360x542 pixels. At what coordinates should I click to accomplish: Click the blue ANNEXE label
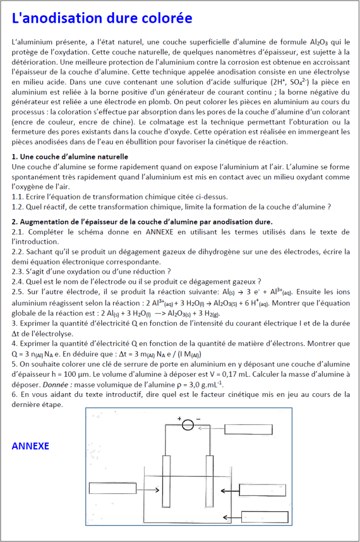click(30, 446)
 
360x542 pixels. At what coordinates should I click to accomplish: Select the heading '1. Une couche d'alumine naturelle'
click(69, 157)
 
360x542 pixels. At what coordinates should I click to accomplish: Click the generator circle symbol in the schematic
click(188, 425)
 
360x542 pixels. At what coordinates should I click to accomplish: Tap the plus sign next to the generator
click(179, 418)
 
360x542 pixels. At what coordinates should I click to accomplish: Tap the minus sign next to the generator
click(198, 418)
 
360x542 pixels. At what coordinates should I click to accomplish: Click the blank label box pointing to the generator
click(248, 429)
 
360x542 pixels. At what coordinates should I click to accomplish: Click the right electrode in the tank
click(209, 481)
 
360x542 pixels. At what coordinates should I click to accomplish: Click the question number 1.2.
click(17, 206)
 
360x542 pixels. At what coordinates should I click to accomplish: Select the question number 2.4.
click(17, 281)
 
